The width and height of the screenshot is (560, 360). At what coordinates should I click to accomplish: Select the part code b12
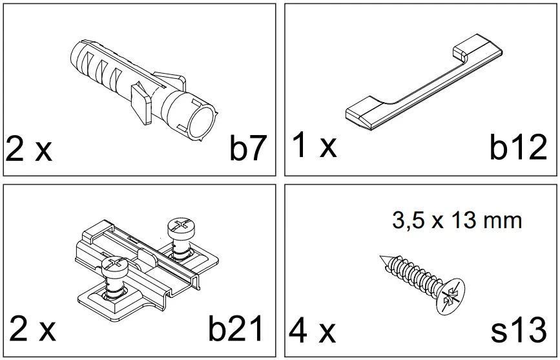pos(518,148)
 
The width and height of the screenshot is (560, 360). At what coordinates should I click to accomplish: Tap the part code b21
pos(236,329)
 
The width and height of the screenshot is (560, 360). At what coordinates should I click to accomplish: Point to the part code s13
pos(519,330)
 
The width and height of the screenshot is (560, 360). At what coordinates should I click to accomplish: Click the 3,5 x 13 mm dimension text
pos(457,220)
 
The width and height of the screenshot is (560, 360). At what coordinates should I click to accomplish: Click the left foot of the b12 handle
pos(366,116)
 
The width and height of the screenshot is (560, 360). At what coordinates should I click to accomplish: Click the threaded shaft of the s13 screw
pos(413,275)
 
